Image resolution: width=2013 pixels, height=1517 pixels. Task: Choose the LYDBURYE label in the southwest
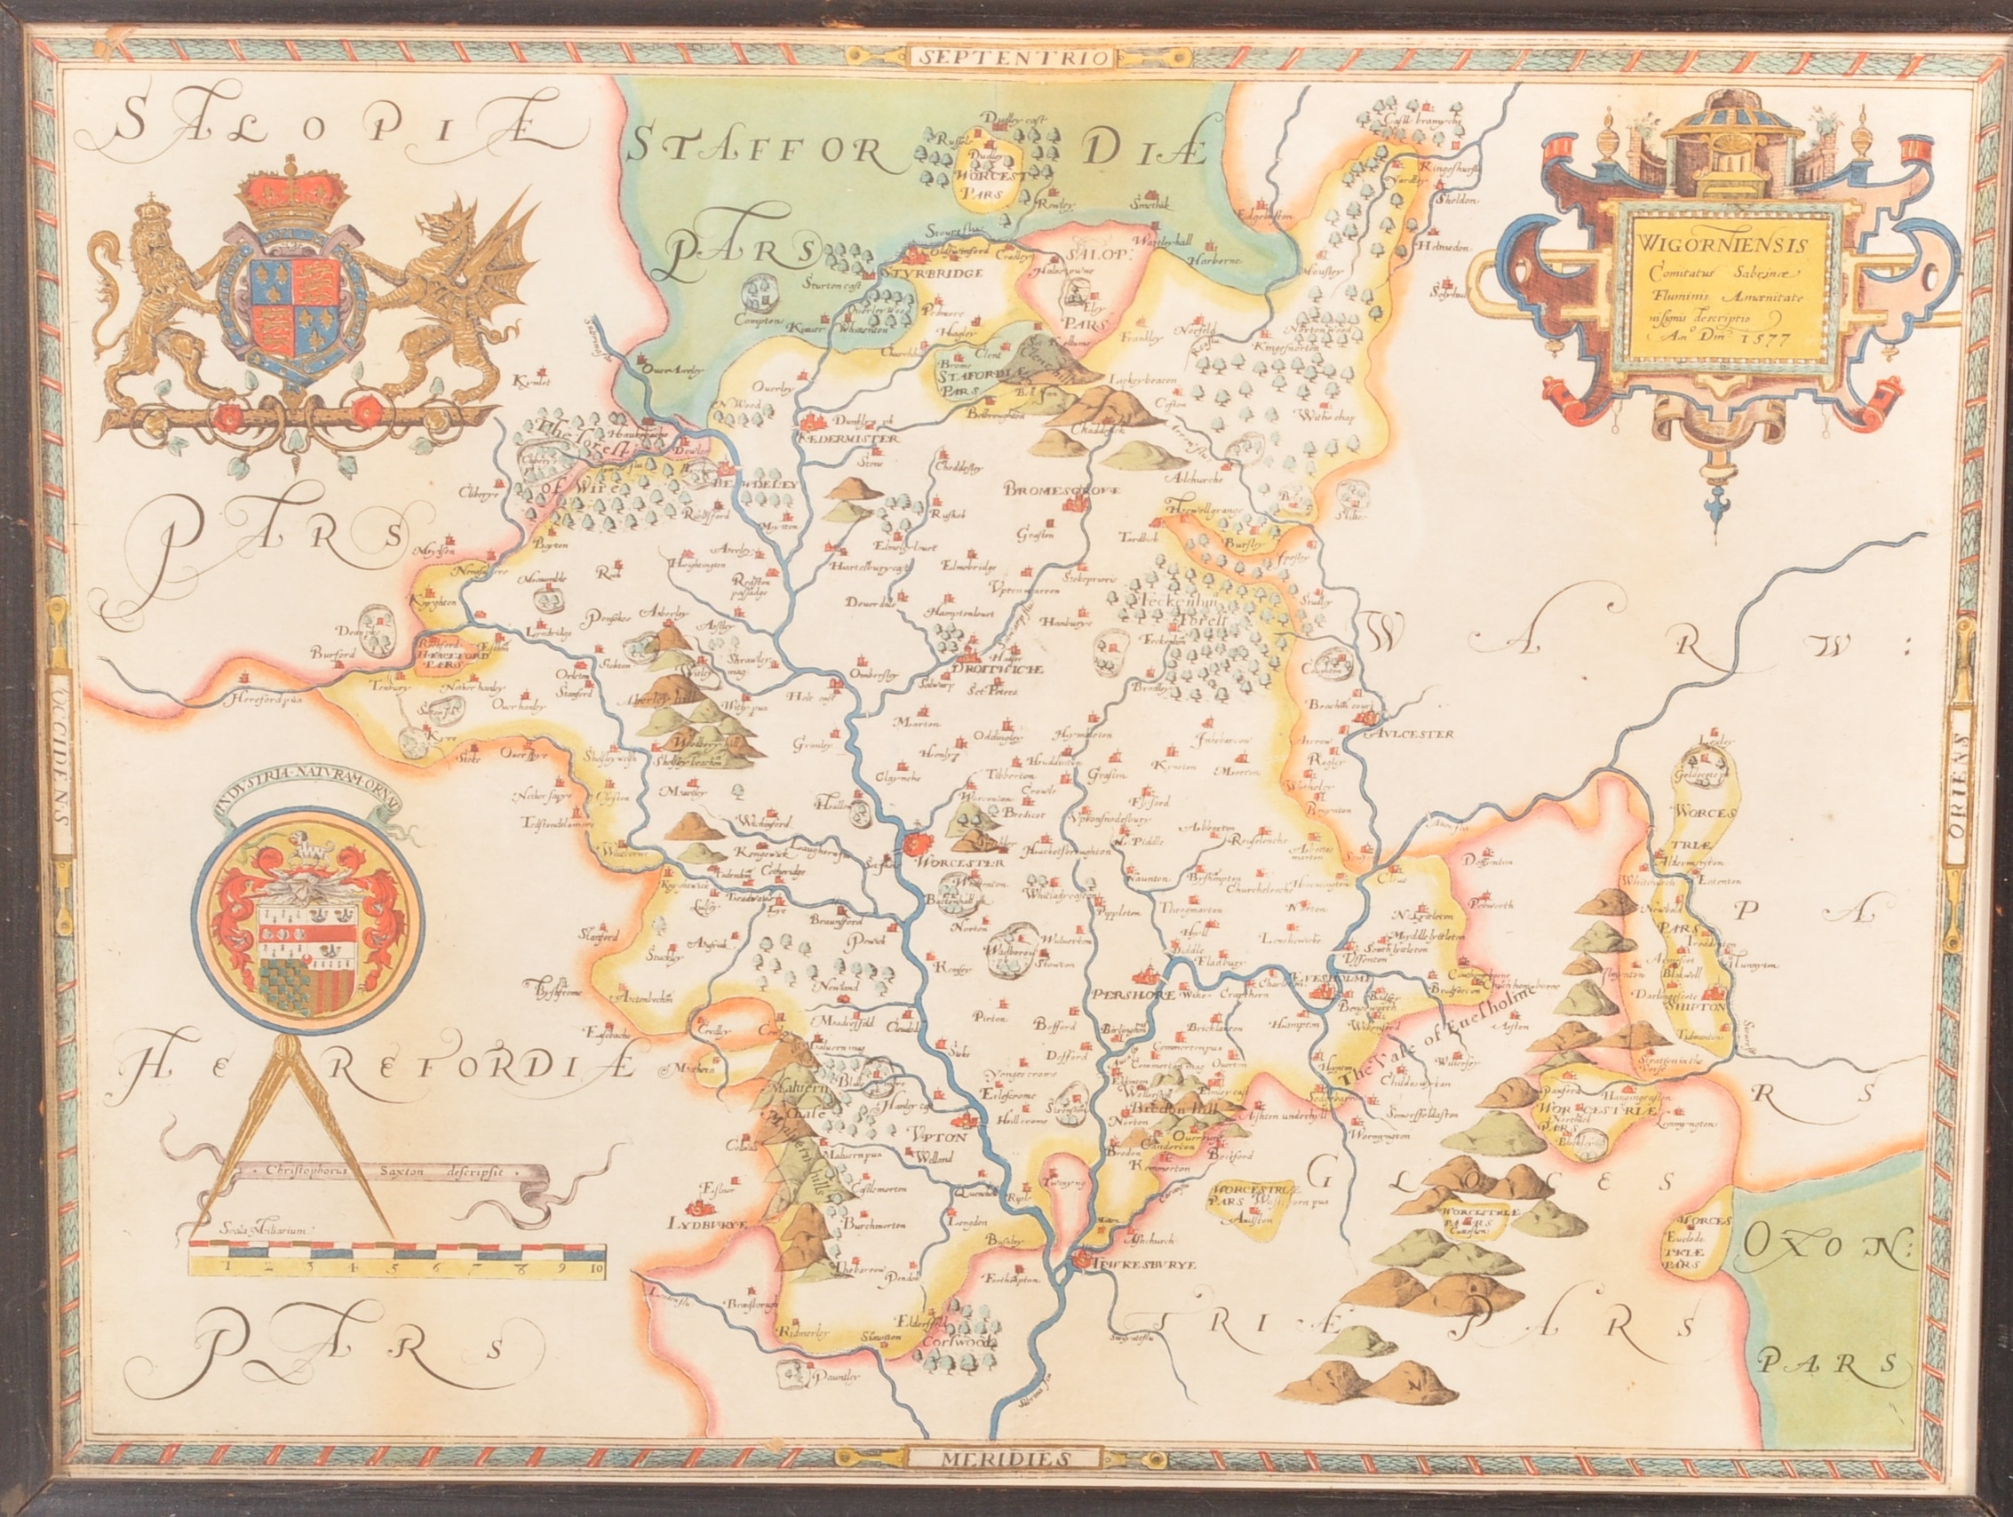pyautogui.click(x=706, y=1226)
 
